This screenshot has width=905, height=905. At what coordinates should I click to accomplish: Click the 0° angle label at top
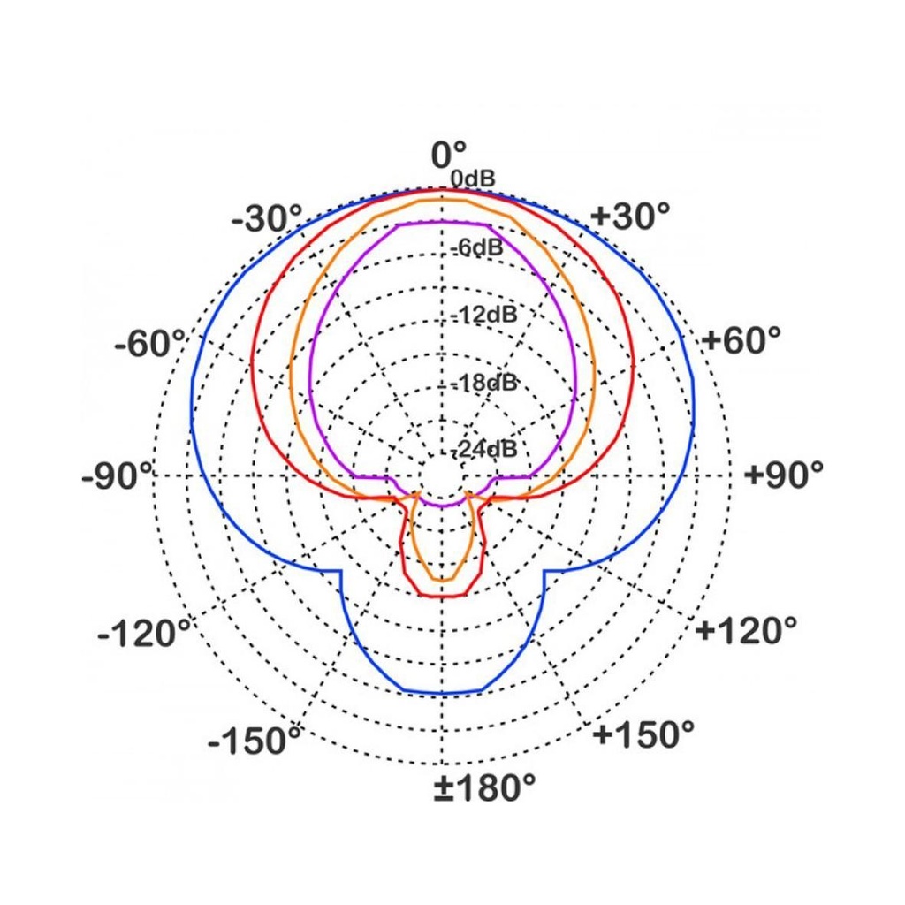click(x=448, y=154)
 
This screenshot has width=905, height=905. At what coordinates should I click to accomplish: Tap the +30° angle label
click(x=630, y=216)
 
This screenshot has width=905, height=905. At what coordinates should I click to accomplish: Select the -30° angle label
click(x=267, y=219)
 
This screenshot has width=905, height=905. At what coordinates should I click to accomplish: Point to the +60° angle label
click(x=741, y=339)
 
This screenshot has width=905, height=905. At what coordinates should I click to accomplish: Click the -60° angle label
click(x=150, y=344)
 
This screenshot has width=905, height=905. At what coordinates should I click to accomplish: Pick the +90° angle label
click(x=784, y=475)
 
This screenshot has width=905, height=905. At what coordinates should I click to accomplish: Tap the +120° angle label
click(x=746, y=629)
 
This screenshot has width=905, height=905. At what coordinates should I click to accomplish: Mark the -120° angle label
click(x=144, y=634)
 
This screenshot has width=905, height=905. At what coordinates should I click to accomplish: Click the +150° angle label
click(x=643, y=734)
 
